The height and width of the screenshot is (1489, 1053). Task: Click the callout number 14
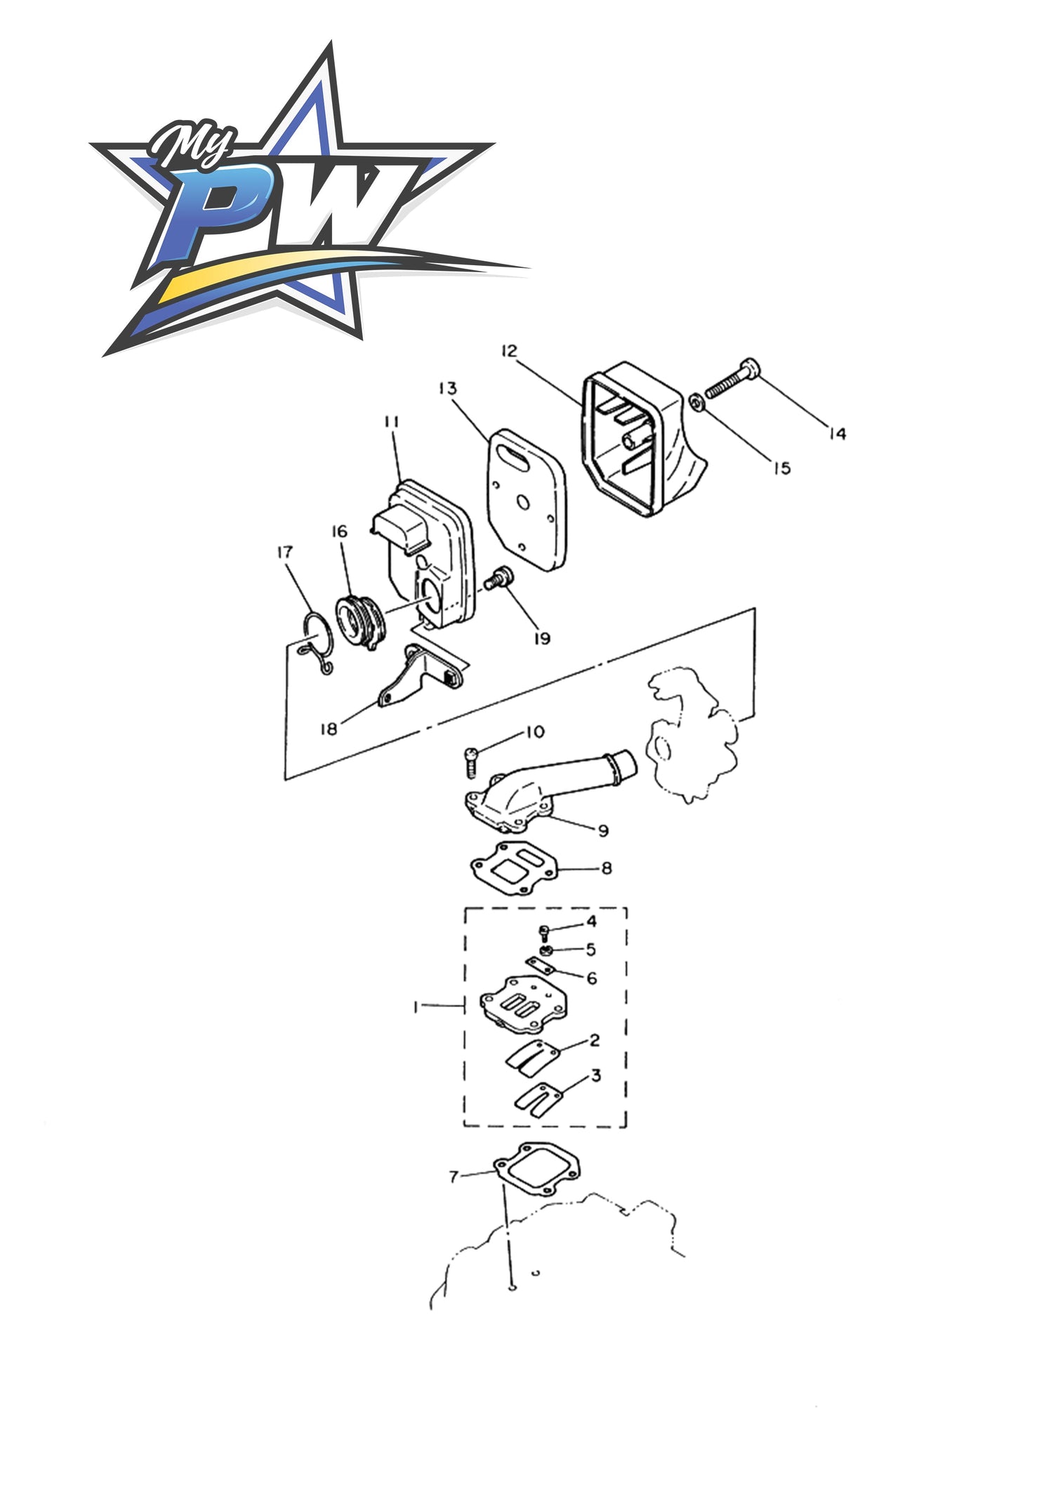coord(837,434)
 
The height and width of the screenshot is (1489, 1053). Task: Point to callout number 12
coord(509,351)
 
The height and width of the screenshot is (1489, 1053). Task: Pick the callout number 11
coord(391,422)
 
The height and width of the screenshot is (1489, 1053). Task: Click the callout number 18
coord(329,729)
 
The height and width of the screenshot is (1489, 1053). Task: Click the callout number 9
coord(603,831)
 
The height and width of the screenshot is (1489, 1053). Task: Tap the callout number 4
coord(591,921)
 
